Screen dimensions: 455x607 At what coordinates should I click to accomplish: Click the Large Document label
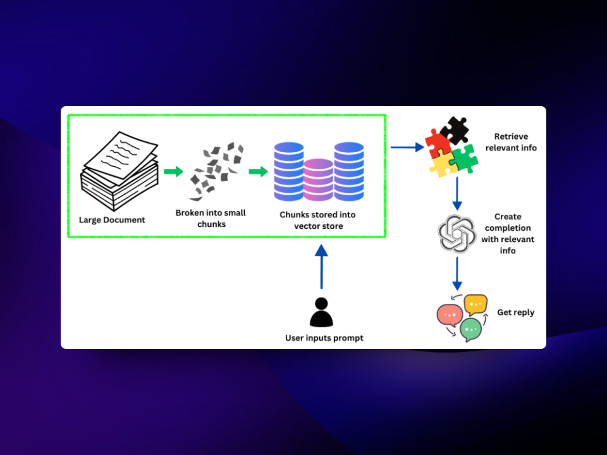[x=112, y=220]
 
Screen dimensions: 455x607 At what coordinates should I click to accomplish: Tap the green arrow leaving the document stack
[x=173, y=171]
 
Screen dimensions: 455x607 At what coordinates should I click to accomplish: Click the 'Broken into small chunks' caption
[x=211, y=218]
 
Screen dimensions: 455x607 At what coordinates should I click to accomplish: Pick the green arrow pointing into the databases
[x=258, y=171]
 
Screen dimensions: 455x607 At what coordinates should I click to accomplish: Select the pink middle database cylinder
[x=319, y=179]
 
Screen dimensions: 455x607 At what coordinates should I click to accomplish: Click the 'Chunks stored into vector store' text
[x=319, y=220]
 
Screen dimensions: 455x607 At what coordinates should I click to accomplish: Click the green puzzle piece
[x=464, y=158]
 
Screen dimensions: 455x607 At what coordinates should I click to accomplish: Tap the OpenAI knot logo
[x=456, y=234]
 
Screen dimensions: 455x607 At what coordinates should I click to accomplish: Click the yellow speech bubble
[x=475, y=305]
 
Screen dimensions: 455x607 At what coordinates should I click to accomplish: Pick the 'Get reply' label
[x=515, y=312]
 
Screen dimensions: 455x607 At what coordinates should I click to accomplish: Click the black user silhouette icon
[x=321, y=312]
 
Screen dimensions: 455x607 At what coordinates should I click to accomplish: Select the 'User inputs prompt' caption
[x=324, y=338]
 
